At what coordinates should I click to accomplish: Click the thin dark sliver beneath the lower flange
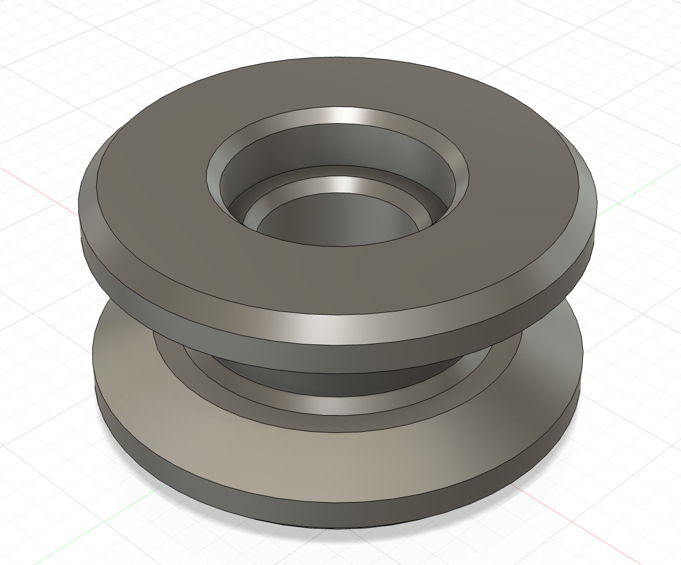tap(334, 527)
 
